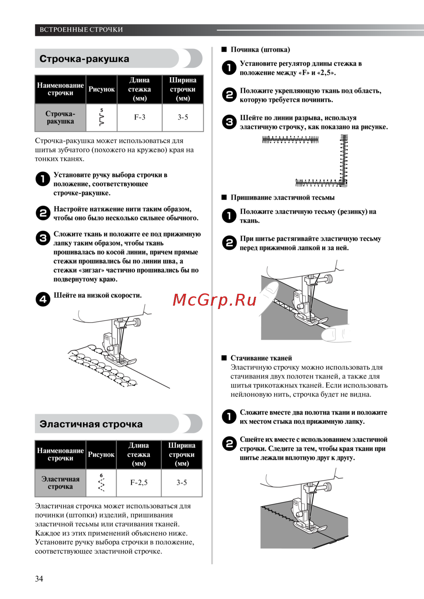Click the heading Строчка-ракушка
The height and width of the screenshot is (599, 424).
tap(84, 59)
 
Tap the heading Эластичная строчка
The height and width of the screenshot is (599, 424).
tap(91, 424)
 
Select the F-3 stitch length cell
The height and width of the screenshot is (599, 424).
tap(139, 117)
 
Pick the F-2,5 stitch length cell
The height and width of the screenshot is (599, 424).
tap(139, 483)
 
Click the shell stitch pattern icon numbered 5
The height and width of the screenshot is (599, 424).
tap(101, 117)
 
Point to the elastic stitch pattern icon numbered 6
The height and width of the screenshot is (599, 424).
tap(101, 483)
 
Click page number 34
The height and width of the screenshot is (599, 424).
tap(39, 579)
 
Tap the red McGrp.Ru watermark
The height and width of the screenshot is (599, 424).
tap(214, 300)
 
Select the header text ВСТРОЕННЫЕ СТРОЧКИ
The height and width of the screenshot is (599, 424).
tap(81, 30)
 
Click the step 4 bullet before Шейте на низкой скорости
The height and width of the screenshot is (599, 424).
tap(43, 299)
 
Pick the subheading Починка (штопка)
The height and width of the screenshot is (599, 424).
tap(260, 50)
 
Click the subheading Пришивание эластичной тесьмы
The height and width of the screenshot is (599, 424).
tap(282, 198)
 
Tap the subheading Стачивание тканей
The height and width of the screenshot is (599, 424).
tap(261, 358)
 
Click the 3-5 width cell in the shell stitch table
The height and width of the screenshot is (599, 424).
tap(183, 117)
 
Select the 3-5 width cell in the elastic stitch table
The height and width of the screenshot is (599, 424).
tap(181, 483)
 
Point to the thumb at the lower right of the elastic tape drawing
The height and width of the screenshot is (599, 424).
tap(336, 334)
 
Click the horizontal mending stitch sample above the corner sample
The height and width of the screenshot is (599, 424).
tap(290, 139)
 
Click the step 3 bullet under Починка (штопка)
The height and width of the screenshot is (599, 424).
tap(229, 122)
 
